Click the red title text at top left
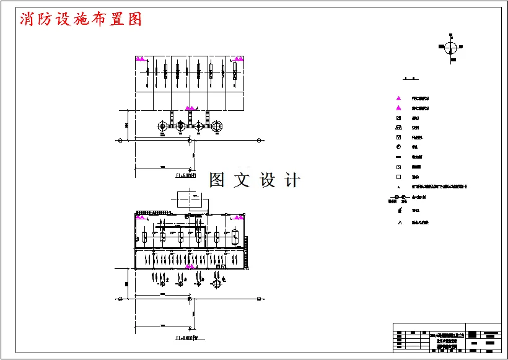coord(81,19)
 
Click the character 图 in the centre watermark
coord(217,180)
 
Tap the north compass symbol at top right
coord(451,48)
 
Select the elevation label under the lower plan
coord(186,338)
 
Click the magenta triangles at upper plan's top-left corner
coord(141,59)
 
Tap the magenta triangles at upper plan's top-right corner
coord(239,59)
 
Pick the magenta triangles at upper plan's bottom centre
coord(190,108)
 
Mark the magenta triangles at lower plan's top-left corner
coord(141,217)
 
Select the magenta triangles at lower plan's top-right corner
coord(239,217)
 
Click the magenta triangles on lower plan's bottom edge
coord(190,266)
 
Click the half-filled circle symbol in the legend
coord(399,146)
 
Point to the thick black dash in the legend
coord(399,157)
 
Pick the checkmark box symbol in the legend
coord(399,137)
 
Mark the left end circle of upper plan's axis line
coord(120,140)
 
